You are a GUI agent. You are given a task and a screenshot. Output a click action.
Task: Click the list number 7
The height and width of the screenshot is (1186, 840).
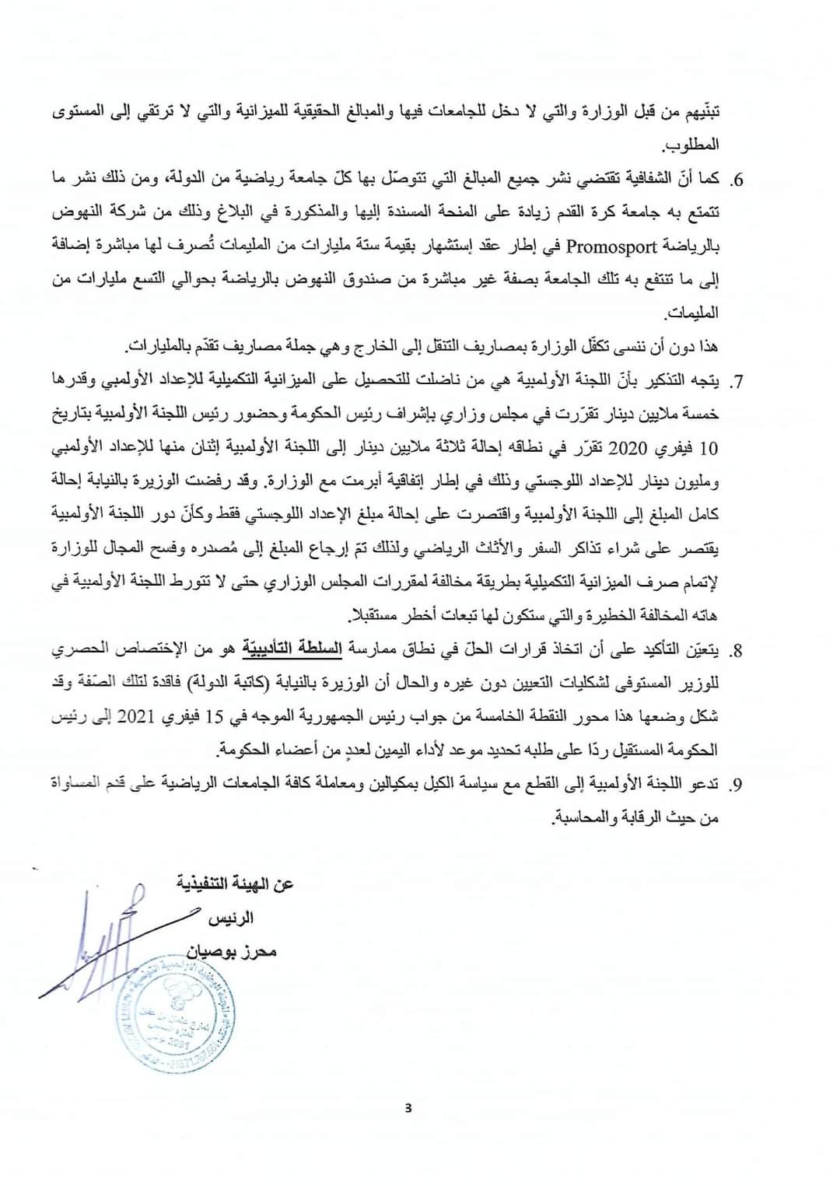(x=737, y=382)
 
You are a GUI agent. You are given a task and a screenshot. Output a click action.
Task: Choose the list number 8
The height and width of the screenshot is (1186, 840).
(x=737, y=649)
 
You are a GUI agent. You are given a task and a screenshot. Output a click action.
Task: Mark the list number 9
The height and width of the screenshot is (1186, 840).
(x=737, y=784)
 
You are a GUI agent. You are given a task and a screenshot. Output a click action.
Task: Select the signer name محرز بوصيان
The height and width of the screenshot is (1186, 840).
(x=232, y=951)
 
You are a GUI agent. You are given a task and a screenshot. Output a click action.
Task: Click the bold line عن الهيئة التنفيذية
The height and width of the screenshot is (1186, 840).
(x=235, y=884)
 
